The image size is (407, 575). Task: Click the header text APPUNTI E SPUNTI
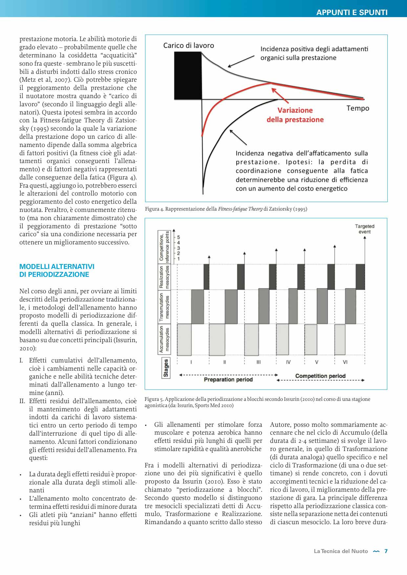coord(352,12)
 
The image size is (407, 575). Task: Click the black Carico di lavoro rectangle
coord(188,75)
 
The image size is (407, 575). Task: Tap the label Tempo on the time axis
coord(357,108)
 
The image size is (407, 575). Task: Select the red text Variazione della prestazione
coord(295,115)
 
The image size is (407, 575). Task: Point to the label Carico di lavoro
coord(188,46)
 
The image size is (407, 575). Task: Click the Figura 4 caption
coord(226,209)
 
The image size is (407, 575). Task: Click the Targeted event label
coord(364,229)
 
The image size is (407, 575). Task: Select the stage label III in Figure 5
coord(259,362)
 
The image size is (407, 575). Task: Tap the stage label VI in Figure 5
coord(345,362)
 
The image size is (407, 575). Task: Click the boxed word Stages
coord(166,368)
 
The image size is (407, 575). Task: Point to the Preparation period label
coord(228,380)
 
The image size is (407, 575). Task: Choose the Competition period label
coord(320,376)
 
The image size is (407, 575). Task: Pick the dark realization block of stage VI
coord(360,277)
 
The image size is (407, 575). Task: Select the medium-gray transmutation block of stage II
coord(231,306)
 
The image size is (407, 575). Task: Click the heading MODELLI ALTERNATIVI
coord(57,267)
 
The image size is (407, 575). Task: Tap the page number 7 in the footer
coord(386,551)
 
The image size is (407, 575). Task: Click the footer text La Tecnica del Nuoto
coord(341,551)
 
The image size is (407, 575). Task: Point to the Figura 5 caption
coord(257,402)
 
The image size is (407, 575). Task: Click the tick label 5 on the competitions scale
coord(179,237)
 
